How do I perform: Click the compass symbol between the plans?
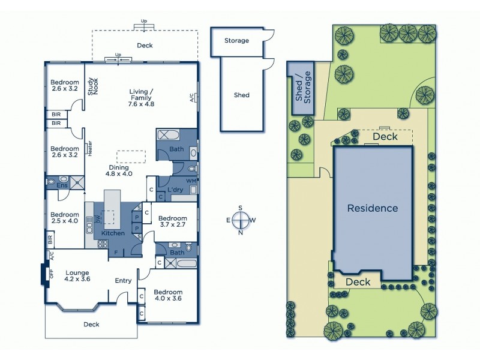point(241,220)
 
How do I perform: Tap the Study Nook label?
point(92,86)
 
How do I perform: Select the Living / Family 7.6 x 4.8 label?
point(142,97)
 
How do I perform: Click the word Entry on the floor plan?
point(124,281)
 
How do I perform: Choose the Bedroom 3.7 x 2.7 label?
point(174,221)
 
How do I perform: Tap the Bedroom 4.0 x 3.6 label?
point(168,295)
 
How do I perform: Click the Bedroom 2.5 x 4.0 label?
point(64,217)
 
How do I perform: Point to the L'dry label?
point(175,190)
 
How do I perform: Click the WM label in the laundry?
point(191,181)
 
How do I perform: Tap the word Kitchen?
point(113,233)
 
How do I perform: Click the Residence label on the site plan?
point(373,208)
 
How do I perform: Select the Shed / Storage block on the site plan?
point(301,88)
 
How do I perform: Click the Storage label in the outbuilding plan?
point(236,41)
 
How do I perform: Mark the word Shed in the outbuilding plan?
point(241,95)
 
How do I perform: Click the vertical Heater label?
point(89,148)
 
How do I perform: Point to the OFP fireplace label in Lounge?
point(51,274)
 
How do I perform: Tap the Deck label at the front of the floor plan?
point(92,324)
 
